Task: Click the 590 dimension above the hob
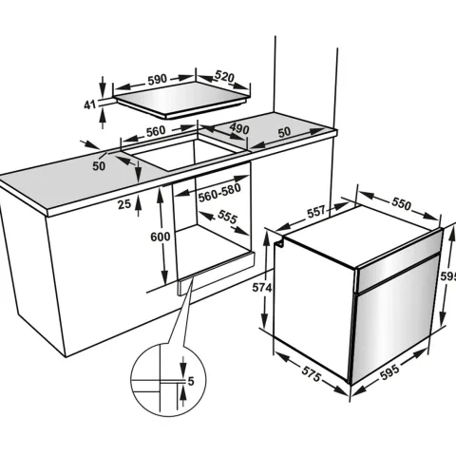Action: pos(157,80)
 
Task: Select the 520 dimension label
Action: pos(224,77)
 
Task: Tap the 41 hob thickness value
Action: pos(89,104)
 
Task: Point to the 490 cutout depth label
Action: pos(239,128)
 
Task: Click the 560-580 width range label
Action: pos(219,193)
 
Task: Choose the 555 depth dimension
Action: pos(227,218)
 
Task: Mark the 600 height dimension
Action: pos(161,237)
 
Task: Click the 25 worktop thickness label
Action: pos(124,204)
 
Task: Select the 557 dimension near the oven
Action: pos(316,212)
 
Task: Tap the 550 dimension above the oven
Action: pos(401,203)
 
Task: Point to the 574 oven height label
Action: pos(262,288)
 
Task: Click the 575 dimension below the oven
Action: pos(312,373)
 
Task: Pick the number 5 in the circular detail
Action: pos(191,382)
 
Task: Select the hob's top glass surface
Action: pos(182,99)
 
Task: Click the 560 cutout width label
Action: pos(156,131)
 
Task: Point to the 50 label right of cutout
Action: pos(284,132)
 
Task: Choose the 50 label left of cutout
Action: pos(99,166)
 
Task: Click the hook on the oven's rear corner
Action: pos(279,243)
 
